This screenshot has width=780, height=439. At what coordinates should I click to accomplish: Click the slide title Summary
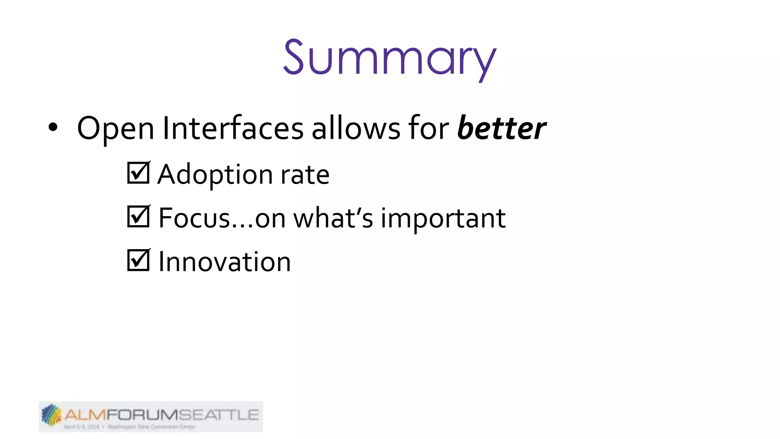pyautogui.click(x=389, y=58)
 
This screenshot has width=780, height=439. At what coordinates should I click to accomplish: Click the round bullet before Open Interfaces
pyautogui.click(x=53, y=128)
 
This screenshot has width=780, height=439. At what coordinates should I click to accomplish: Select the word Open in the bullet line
pyautogui.click(x=115, y=129)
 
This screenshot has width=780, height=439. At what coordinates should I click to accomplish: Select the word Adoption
pyautogui.click(x=215, y=175)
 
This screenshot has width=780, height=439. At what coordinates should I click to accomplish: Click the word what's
pyautogui.click(x=333, y=218)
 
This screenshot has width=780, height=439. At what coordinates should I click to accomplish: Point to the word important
pyautogui.click(x=443, y=219)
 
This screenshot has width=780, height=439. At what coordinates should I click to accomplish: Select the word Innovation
pyautogui.click(x=224, y=262)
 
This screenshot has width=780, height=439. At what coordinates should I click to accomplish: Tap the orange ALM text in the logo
pyautogui.click(x=85, y=415)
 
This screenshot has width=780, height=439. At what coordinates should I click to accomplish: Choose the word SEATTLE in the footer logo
pyautogui.click(x=219, y=415)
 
